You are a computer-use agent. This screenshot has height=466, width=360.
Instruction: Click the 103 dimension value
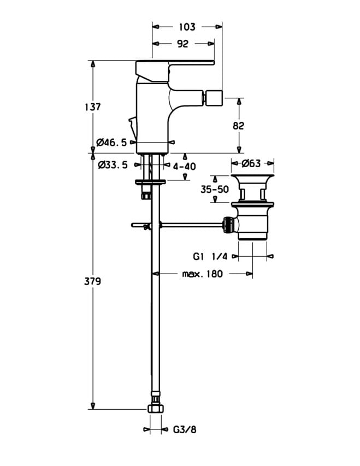tap(187, 27)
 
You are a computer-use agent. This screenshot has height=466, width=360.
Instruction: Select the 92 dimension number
tap(182, 44)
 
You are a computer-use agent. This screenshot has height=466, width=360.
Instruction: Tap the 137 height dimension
tap(92, 107)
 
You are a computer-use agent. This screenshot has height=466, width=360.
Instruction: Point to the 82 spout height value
tap(238, 126)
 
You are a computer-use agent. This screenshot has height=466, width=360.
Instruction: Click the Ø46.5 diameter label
tap(111, 143)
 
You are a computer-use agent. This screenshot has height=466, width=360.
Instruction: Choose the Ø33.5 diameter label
tap(113, 164)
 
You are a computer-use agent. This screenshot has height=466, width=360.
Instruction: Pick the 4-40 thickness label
tap(184, 166)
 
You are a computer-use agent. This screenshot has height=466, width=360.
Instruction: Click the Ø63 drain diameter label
tap(251, 163)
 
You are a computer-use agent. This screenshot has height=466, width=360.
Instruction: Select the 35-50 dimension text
tap(215, 189)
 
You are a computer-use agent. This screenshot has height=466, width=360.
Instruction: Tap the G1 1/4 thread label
tap(210, 256)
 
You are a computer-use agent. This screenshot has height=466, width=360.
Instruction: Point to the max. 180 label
tap(203, 274)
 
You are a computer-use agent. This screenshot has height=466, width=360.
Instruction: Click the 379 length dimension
tap(92, 281)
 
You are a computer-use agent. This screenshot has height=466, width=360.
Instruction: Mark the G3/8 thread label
tap(185, 429)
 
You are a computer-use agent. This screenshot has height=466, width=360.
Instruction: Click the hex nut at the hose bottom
tap(156, 408)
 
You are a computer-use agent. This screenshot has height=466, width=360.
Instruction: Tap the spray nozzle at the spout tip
tap(212, 97)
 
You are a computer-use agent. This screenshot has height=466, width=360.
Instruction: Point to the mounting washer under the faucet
tap(150, 182)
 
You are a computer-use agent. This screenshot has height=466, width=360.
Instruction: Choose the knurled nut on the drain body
tap(227, 225)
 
